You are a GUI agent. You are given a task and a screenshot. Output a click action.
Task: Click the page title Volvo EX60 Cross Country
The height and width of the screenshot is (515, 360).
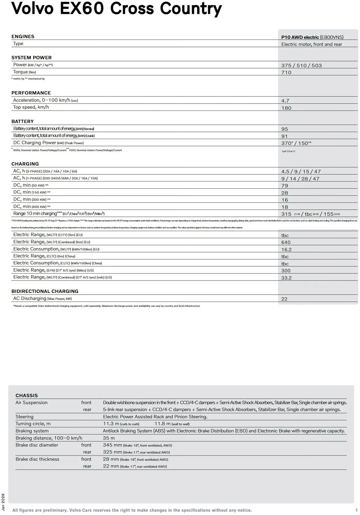[x=116, y=9]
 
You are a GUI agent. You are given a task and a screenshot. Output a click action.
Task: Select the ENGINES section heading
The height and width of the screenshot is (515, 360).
[x=23, y=36]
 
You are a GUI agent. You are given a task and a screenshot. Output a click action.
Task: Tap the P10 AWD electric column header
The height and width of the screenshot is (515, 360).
[x=312, y=37]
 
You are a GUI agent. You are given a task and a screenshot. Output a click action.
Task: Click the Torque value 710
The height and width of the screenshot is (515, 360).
[x=286, y=73]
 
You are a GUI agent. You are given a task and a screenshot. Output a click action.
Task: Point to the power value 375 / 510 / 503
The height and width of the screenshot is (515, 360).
[x=301, y=66]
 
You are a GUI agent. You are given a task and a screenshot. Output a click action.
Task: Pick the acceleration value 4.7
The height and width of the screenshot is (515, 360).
[x=285, y=101]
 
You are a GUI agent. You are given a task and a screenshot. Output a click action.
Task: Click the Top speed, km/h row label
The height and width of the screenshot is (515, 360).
[x=31, y=107]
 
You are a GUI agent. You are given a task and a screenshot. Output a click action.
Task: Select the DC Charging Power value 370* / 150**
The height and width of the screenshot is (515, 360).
[x=296, y=143]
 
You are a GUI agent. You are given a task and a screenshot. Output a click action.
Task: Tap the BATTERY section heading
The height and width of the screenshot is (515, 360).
[x=23, y=121]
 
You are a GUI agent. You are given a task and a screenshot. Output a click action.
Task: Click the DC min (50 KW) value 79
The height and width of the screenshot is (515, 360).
[x=285, y=186]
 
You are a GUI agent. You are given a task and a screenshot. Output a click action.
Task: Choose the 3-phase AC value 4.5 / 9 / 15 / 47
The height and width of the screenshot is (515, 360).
[x=301, y=172]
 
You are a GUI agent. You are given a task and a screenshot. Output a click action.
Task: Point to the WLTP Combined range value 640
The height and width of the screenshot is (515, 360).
[x=286, y=242]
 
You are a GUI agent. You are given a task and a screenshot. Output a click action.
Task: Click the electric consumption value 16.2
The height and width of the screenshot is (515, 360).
[x=286, y=249]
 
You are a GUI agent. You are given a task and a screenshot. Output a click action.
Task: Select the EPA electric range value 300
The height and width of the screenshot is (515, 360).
[x=286, y=271]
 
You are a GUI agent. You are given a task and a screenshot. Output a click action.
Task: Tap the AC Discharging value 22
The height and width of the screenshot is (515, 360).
[x=284, y=299]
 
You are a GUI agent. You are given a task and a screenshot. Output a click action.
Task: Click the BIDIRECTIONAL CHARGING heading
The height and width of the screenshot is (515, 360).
[x=45, y=291]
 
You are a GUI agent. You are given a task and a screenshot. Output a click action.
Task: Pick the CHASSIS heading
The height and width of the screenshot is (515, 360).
[x=27, y=396]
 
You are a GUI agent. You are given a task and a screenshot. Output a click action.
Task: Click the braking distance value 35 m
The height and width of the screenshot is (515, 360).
[x=109, y=438]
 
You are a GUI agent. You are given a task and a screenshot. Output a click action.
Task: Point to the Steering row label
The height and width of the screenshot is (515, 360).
[x=24, y=417]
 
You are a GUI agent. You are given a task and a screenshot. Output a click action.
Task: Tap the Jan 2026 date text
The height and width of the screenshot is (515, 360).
[x=4, y=502]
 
